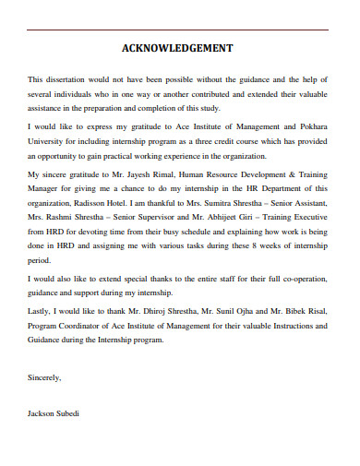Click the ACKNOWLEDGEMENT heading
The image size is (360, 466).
(177, 48)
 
